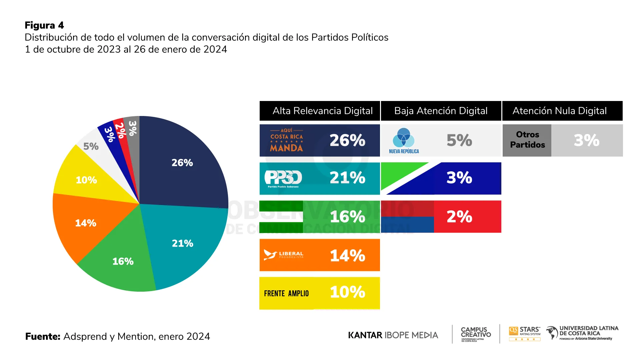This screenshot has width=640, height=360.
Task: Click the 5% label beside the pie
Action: click(91, 146)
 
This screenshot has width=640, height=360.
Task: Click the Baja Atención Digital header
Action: click(441, 111)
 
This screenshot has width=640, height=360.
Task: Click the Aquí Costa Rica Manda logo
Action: click(286, 140)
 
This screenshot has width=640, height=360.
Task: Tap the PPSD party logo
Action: click(283, 178)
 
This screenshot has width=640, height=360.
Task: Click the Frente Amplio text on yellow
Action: click(286, 293)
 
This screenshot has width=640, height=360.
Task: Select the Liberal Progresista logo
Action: click(284, 255)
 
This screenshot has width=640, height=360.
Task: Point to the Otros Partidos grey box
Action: click(527, 140)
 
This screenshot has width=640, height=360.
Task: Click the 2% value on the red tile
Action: click(459, 217)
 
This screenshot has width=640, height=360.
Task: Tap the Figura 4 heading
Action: click(44, 25)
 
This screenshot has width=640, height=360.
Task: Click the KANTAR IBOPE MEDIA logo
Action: click(393, 335)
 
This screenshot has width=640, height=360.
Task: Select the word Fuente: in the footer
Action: click(43, 336)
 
